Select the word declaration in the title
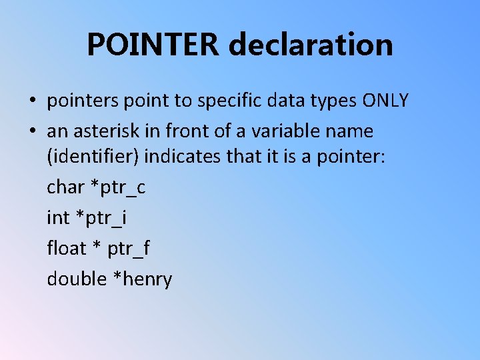coord(311,45)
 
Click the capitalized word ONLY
coord(385,101)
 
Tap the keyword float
coord(67,248)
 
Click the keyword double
coord(76,278)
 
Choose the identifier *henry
coord(143,279)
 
